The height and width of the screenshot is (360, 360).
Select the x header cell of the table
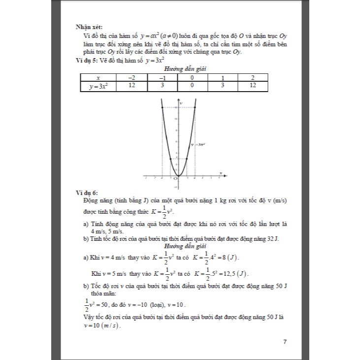pos(98,78)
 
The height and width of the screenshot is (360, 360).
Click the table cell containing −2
pos(132,78)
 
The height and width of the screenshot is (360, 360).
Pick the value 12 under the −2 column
pos(132,86)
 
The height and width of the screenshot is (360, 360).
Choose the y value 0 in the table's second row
pos(192,86)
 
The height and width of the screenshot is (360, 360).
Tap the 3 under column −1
pos(162,86)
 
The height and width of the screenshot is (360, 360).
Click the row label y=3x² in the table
pos(98,86)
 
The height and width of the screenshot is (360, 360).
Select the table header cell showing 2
pos(253,78)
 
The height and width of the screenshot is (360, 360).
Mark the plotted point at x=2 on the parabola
pos(195,107)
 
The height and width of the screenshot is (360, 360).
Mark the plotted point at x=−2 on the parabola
pos(163,107)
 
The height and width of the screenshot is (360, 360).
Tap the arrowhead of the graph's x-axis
pos(226,175)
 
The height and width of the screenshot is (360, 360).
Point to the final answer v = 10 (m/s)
pos(102,326)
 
